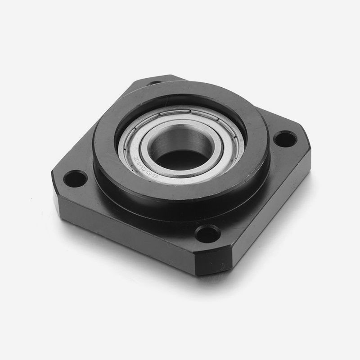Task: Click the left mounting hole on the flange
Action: click(x=75, y=178)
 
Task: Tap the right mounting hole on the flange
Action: click(x=284, y=138)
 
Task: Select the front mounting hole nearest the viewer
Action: click(x=208, y=233)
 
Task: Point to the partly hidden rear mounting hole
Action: click(x=155, y=83)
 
